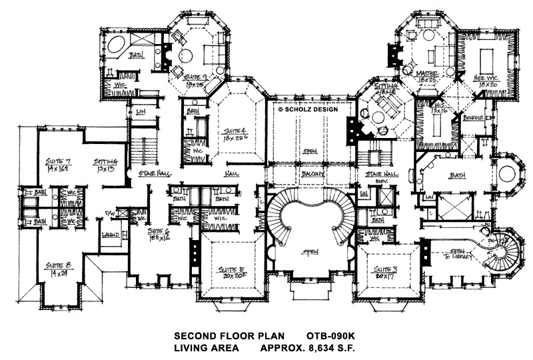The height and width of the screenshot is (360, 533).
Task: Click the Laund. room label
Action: [x=111, y=235]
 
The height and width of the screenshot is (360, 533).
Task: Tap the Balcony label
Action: [x=313, y=174]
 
